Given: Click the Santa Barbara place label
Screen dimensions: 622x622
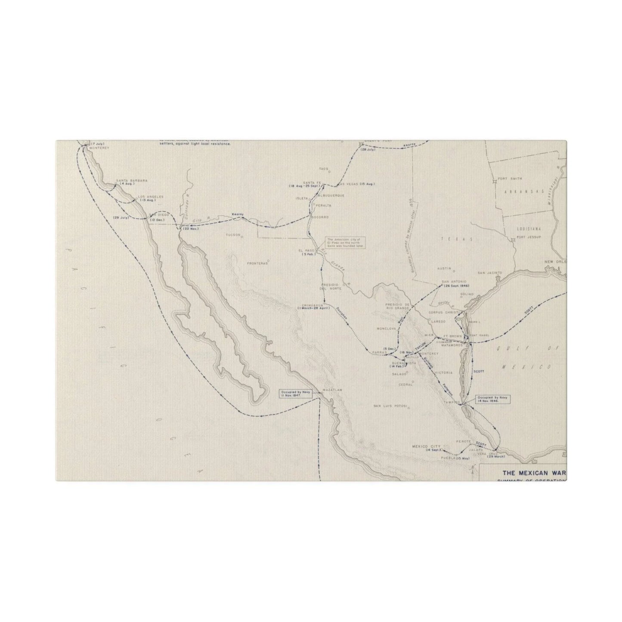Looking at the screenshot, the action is point(125,180).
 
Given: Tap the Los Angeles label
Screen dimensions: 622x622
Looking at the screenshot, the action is point(144,197).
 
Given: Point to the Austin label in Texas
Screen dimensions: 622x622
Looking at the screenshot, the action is point(443,268).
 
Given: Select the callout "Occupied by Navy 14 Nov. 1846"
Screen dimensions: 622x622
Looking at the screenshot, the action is point(492,399).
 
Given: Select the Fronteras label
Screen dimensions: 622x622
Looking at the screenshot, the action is point(257,263).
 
